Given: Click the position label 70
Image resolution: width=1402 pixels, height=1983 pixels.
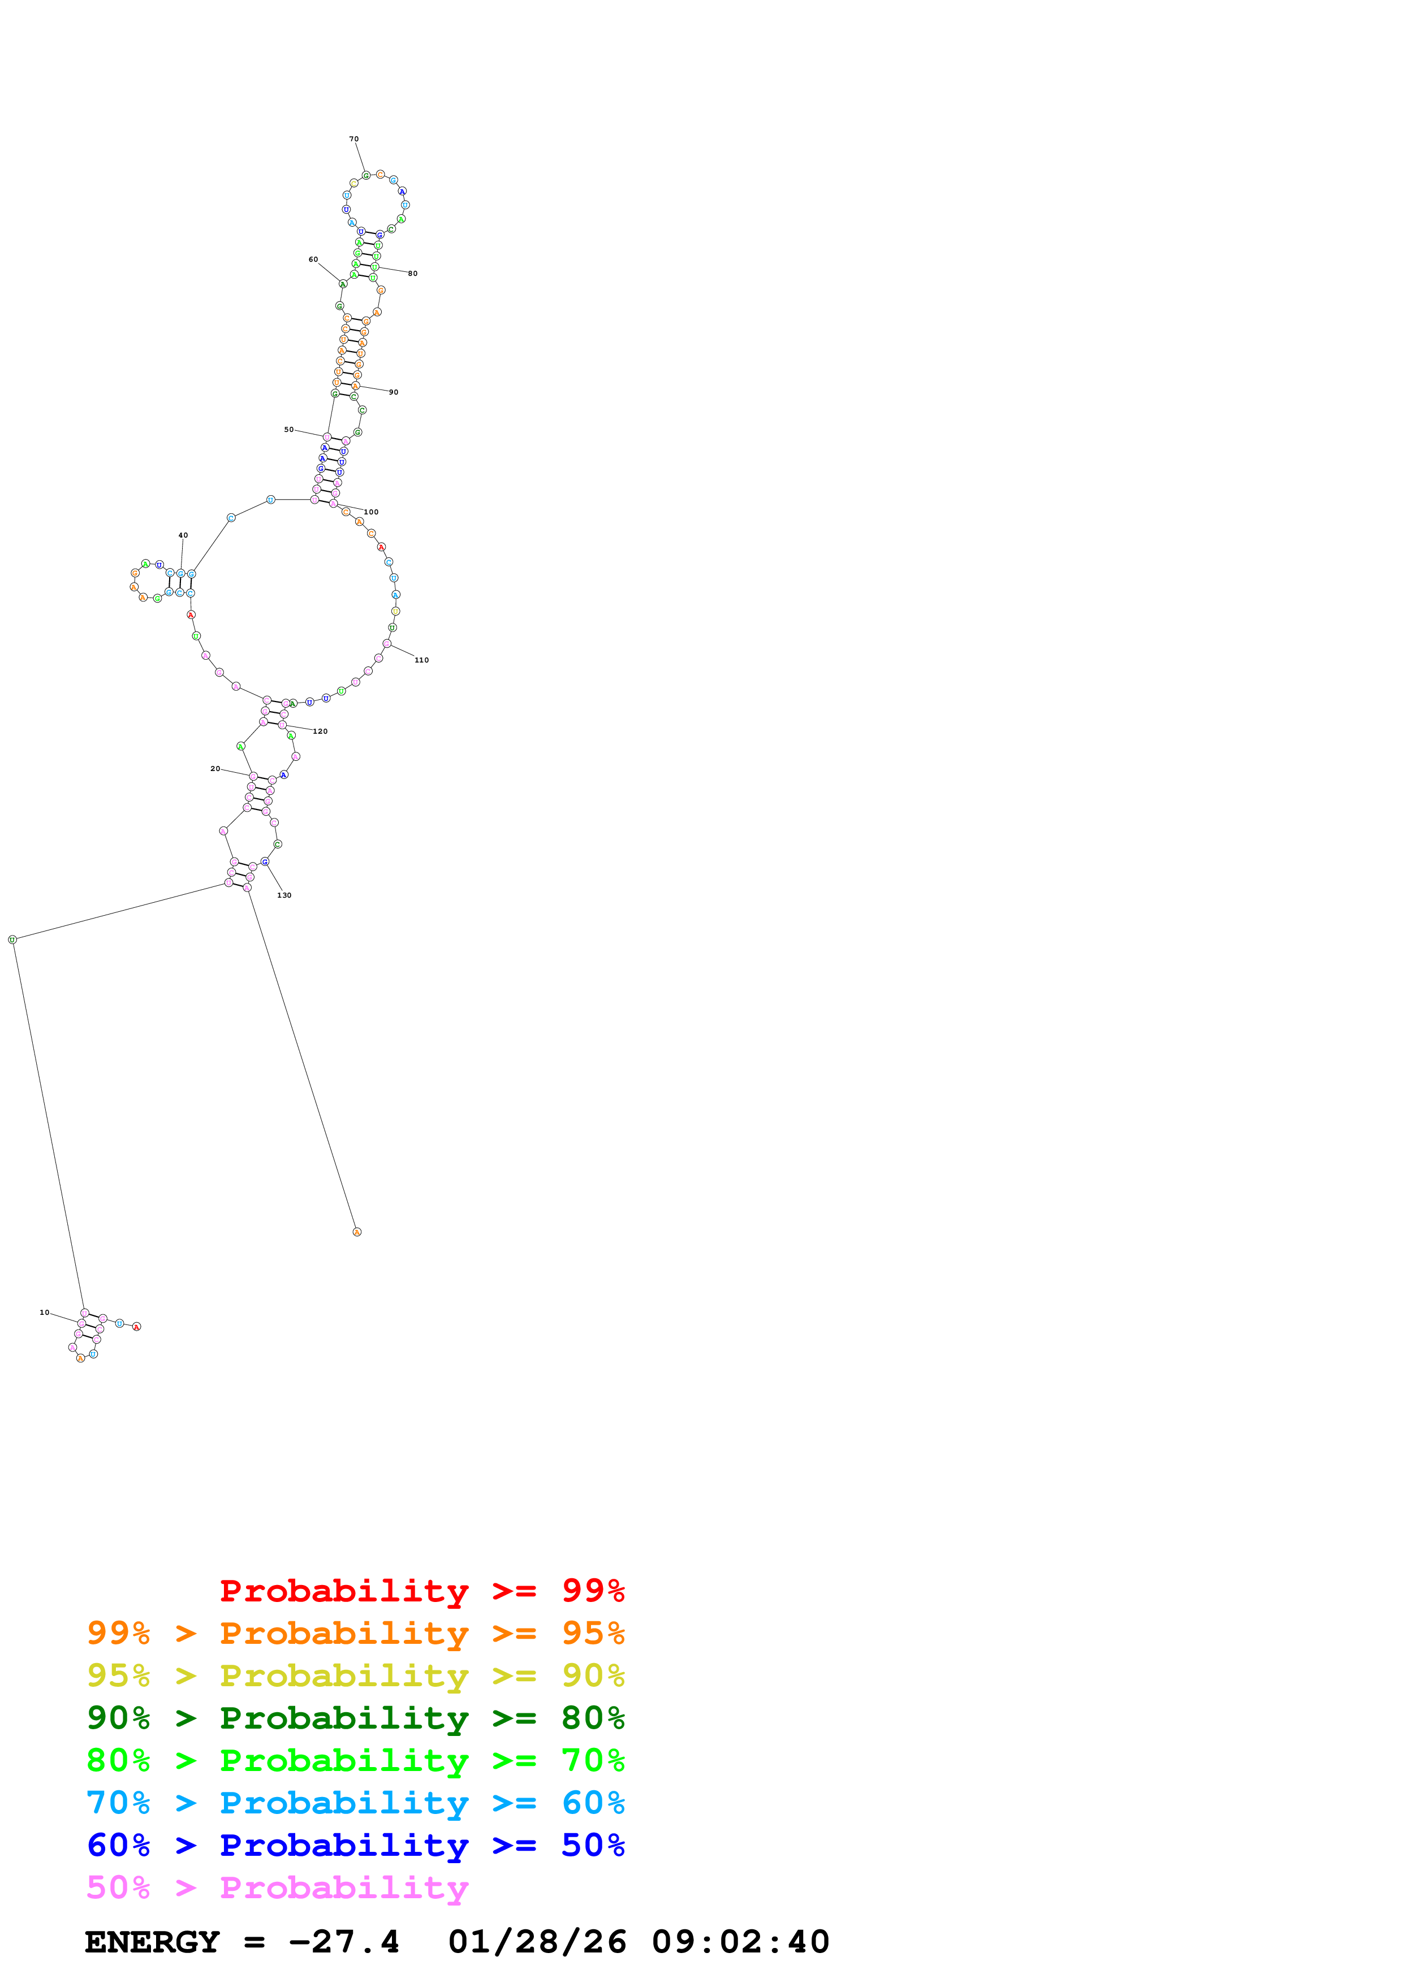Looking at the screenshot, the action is (353, 139).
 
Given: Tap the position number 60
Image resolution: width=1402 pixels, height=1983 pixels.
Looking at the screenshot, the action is (313, 259).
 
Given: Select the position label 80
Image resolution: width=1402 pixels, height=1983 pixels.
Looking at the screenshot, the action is (413, 274).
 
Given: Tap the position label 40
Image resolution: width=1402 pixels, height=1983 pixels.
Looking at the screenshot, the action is (183, 535).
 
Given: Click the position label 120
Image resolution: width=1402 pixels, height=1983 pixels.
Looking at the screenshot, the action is (321, 731).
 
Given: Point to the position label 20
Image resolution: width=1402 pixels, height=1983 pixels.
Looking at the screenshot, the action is (215, 769).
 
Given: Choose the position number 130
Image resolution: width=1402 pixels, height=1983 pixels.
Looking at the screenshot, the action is (284, 895).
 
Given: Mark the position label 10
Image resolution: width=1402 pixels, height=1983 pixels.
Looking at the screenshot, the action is (44, 1313).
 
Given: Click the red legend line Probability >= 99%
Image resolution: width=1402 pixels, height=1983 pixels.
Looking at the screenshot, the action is (421, 1591).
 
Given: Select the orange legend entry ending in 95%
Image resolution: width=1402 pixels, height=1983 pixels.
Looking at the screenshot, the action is (355, 1633).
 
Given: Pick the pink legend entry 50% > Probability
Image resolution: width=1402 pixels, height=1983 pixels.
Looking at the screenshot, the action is (277, 1887).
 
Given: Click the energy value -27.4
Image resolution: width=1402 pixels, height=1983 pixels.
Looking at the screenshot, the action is (344, 1942).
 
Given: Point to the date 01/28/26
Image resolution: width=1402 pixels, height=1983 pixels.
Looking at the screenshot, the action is (537, 1942).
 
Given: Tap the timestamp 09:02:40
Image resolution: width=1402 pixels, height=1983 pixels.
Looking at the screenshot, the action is (740, 1942).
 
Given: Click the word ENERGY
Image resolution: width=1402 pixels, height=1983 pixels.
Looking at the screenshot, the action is (152, 1942).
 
